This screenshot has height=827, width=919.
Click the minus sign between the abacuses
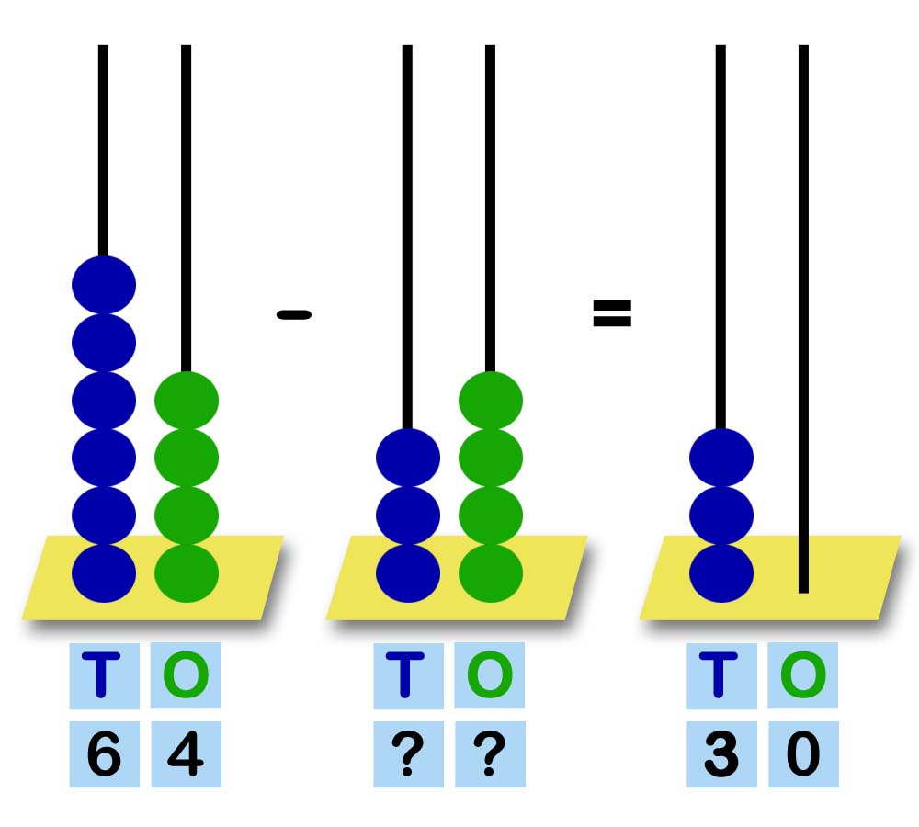[x=294, y=315]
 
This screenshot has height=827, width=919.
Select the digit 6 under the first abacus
[x=104, y=755]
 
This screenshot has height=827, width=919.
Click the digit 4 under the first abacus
[x=186, y=755]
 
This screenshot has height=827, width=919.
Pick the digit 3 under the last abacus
[x=721, y=755]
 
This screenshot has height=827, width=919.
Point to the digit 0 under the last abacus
[x=803, y=755]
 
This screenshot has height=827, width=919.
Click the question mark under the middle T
[x=408, y=755]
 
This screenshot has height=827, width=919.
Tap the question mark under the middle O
[x=490, y=755]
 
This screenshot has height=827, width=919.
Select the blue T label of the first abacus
[x=104, y=675]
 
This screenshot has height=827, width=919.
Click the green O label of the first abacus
[x=186, y=675]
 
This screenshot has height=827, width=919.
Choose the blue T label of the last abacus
[x=721, y=675]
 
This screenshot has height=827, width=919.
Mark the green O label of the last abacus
[x=803, y=675]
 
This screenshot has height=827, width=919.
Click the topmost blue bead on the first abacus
[x=104, y=284]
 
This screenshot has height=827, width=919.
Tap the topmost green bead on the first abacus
[x=187, y=400]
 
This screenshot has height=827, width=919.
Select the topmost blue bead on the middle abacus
[x=408, y=457]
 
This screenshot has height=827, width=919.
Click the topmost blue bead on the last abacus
[x=721, y=457]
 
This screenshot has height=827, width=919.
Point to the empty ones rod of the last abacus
[x=803, y=322]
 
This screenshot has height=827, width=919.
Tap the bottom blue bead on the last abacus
[x=721, y=572]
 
